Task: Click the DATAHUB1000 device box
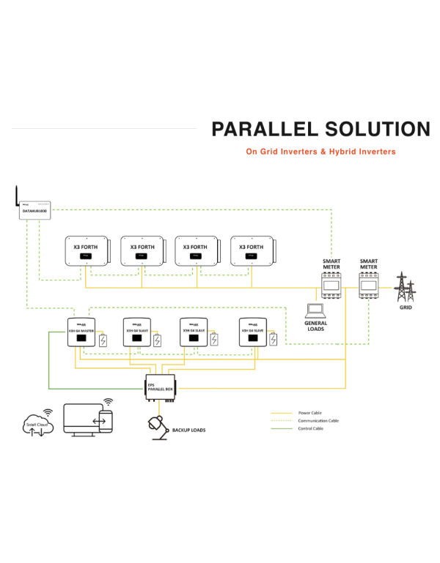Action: tap(36, 208)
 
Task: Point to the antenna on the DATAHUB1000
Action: tap(15, 194)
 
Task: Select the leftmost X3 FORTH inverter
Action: tap(85, 251)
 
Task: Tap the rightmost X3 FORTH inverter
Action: tap(250, 251)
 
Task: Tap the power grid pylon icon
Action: tap(403, 288)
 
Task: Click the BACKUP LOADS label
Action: tap(188, 430)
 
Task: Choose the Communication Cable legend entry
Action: tap(318, 421)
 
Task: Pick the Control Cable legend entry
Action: tap(311, 428)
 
